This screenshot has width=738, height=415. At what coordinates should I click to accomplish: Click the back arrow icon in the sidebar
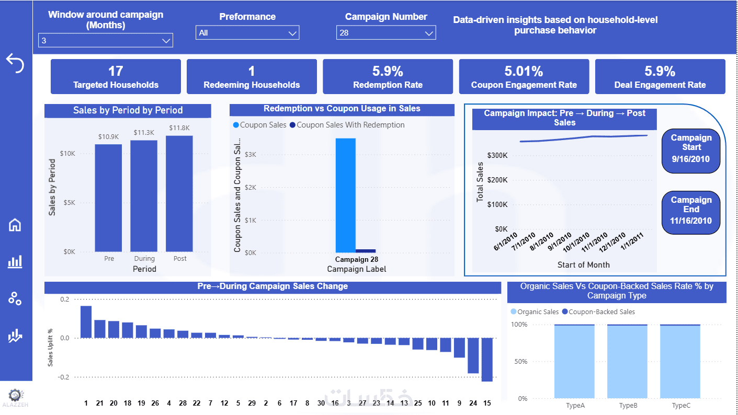coord(15,63)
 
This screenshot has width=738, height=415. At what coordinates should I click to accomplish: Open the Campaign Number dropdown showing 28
coord(386,33)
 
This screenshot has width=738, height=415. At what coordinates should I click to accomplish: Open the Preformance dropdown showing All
coord(247,33)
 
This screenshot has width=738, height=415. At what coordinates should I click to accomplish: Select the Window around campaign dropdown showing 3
coord(105,40)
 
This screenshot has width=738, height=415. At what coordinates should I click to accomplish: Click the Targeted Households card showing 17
coord(116,76)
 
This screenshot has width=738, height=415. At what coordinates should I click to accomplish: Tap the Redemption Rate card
coord(388,76)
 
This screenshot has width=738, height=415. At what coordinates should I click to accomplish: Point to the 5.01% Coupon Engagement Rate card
coord(524,76)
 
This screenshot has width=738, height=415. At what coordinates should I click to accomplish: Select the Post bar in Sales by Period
coord(179,194)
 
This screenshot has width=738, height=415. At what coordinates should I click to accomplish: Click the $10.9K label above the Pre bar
coord(108,136)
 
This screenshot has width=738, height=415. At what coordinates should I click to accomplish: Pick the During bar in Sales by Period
coord(144,196)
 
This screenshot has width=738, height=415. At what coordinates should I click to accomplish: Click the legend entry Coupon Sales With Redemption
coord(347,125)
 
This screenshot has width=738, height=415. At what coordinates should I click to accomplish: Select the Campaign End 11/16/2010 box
coord(691,210)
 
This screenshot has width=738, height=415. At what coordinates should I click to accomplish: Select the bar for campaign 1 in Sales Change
coord(86,322)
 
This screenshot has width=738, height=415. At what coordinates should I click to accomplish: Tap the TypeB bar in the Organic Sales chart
coord(627,361)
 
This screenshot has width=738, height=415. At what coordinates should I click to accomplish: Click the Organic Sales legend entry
coord(534,312)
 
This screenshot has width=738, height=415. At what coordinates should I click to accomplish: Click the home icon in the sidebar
coord(15,225)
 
